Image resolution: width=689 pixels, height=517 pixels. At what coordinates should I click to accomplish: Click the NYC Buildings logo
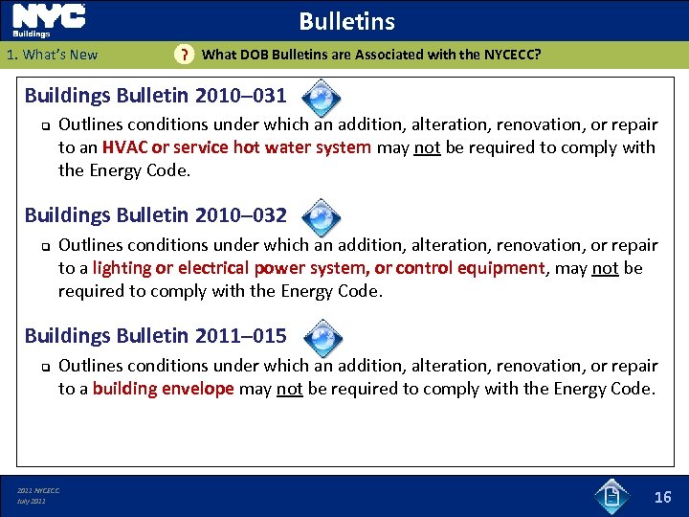click(x=49, y=20)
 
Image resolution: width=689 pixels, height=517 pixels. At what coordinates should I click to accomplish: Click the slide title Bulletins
click(x=346, y=21)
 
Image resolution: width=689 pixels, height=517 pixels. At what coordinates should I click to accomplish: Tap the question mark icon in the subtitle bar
click(x=184, y=56)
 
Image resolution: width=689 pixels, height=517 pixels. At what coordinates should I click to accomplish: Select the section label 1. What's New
click(x=52, y=55)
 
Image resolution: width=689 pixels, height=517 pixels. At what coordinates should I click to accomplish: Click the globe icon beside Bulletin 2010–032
click(x=323, y=217)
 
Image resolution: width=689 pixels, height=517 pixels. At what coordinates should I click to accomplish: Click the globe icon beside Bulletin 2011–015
click(x=323, y=337)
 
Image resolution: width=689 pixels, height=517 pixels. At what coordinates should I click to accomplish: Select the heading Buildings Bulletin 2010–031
click(x=155, y=96)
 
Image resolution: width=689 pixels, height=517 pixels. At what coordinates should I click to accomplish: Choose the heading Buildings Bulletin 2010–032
click(x=155, y=215)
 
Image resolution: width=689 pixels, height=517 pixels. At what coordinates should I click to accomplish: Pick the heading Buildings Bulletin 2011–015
click(x=155, y=335)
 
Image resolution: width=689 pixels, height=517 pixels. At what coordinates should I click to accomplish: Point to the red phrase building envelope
click(x=163, y=389)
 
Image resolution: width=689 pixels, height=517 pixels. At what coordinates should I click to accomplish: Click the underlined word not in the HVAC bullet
click(x=427, y=147)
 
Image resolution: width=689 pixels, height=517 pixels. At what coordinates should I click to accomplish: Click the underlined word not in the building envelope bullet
click(x=289, y=389)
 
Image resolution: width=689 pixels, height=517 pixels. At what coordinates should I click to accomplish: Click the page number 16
click(x=662, y=496)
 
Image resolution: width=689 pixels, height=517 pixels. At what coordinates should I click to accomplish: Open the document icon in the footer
click(x=611, y=495)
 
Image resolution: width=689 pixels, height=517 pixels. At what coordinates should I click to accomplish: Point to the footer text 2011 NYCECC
click(x=38, y=490)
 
